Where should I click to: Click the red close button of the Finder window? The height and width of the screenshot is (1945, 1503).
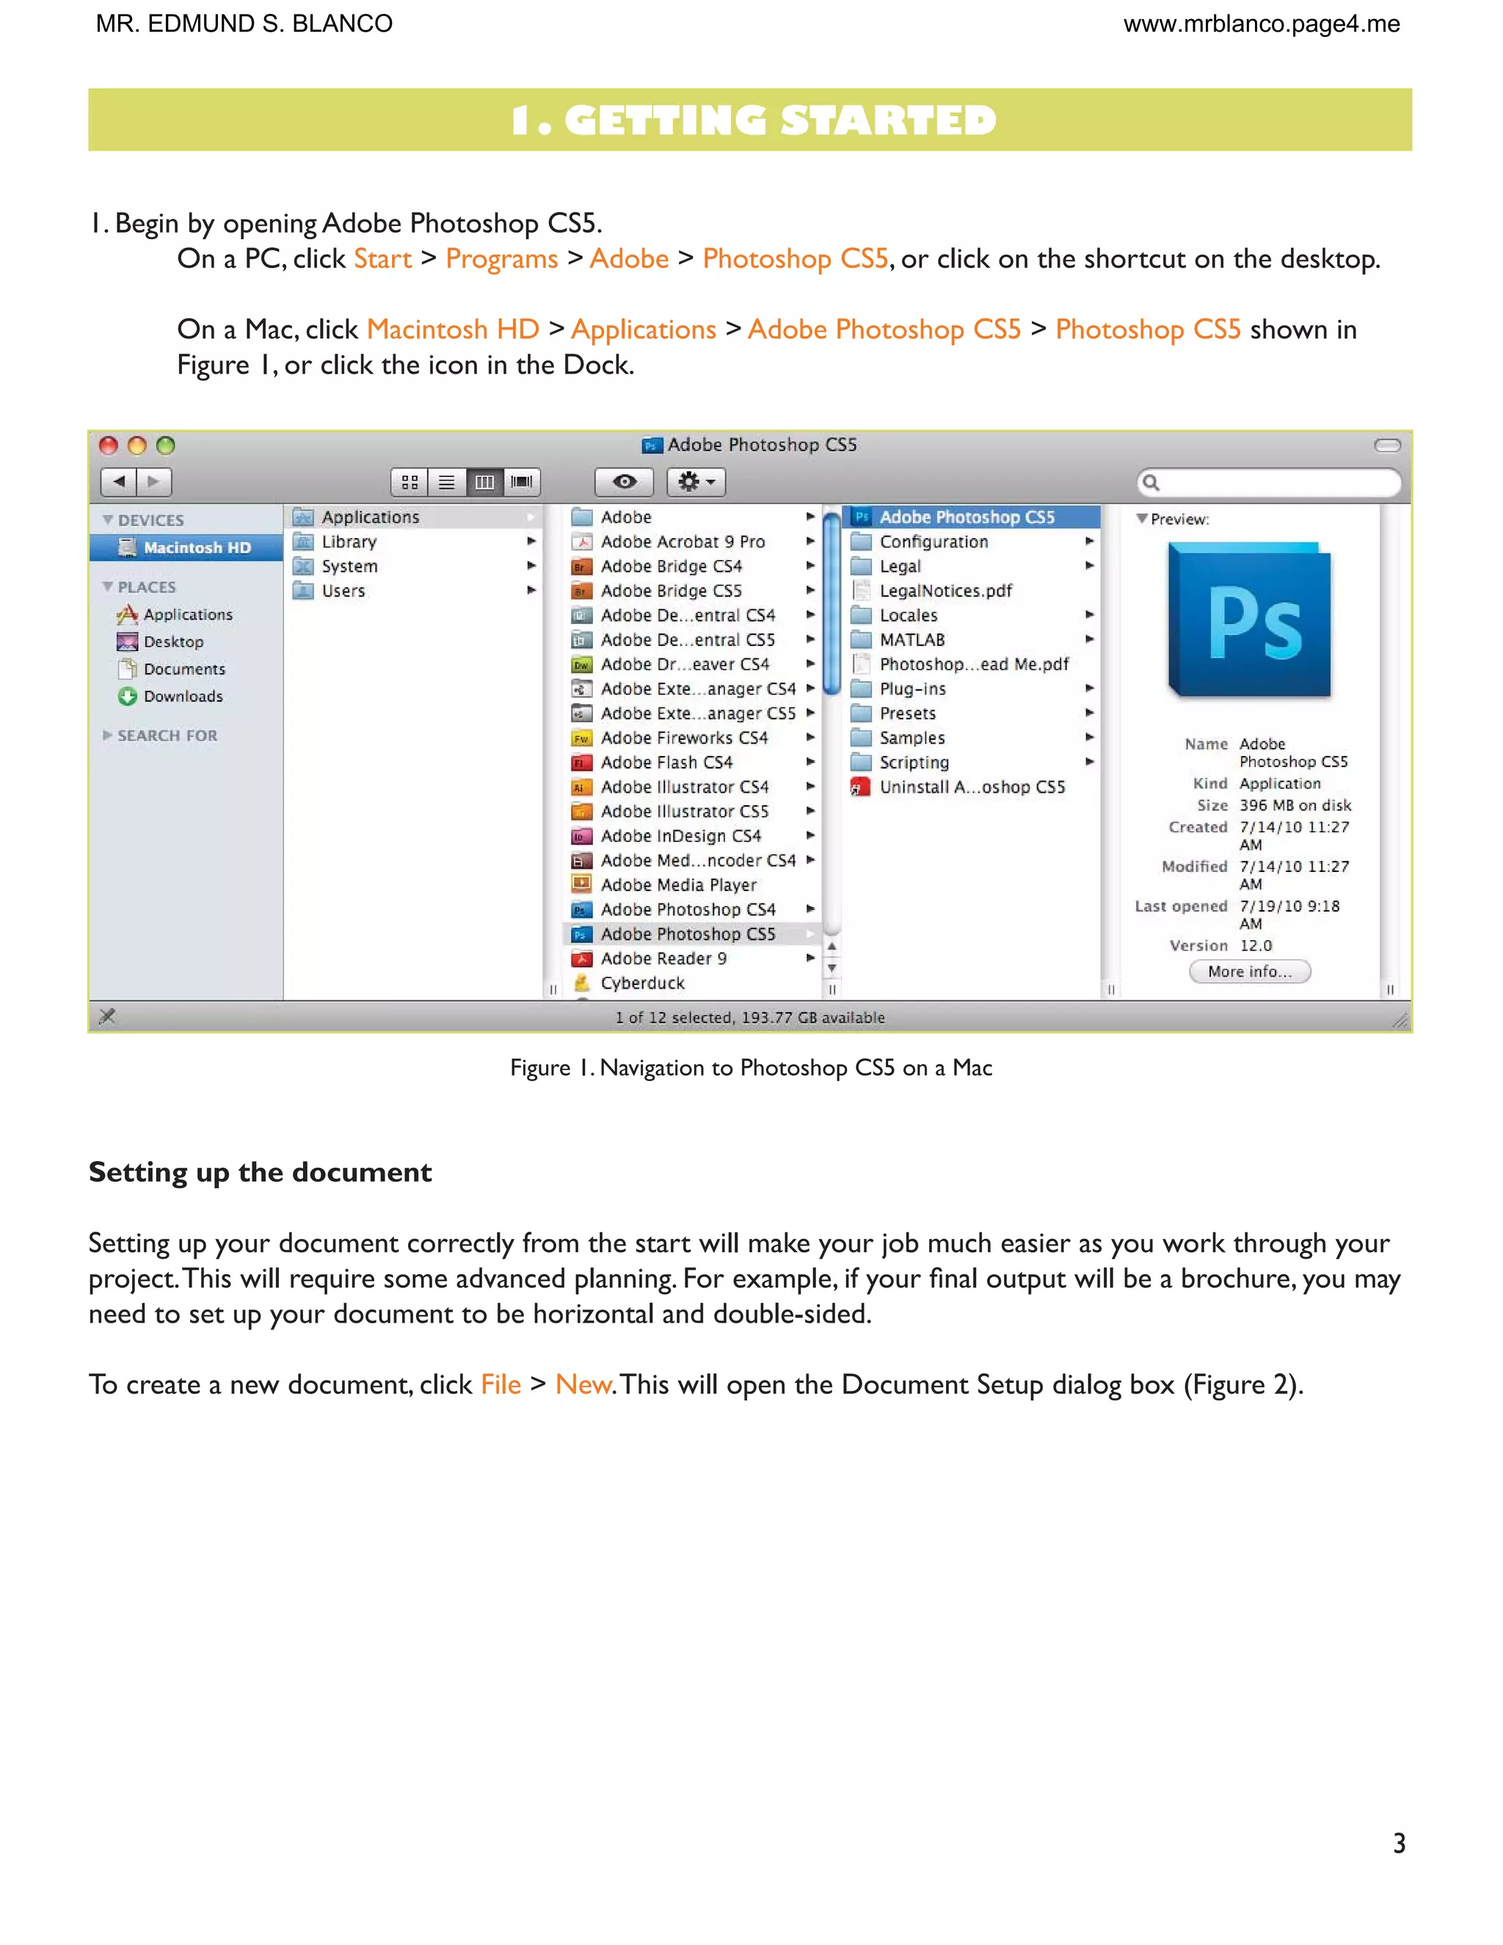(x=109, y=446)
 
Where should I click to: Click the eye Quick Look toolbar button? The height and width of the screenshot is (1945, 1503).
(x=625, y=481)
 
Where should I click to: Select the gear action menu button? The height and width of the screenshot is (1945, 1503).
(x=696, y=481)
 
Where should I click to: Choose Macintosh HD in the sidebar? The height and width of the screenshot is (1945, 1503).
(x=196, y=548)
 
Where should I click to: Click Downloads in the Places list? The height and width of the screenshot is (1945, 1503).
(x=183, y=697)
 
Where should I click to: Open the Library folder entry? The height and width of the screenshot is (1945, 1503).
(x=348, y=542)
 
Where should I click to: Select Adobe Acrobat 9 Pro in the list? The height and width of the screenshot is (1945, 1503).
(x=682, y=542)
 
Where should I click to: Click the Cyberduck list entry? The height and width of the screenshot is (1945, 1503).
(x=642, y=984)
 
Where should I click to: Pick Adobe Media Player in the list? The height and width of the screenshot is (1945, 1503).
(x=677, y=885)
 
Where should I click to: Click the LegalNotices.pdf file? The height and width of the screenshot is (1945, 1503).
(x=945, y=590)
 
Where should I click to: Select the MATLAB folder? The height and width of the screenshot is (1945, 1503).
(x=911, y=639)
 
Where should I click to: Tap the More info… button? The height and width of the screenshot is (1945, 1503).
(x=1249, y=972)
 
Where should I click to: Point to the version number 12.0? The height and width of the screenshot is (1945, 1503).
(x=1256, y=946)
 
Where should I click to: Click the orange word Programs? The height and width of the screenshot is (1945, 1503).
(x=501, y=258)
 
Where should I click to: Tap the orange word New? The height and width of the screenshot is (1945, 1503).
(x=583, y=1385)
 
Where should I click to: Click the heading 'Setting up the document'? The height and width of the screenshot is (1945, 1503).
(x=260, y=1172)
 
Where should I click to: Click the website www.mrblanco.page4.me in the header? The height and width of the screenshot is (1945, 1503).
(x=1261, y=24)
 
